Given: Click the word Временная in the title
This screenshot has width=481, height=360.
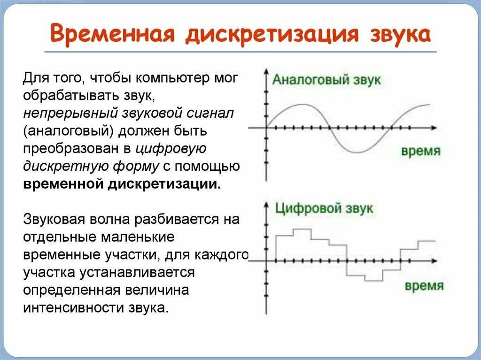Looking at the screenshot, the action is click(x=112, y=35).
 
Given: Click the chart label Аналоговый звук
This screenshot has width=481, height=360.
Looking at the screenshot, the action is click(x=326, y=80).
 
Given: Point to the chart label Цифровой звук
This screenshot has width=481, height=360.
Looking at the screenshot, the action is click(x=324, y=208).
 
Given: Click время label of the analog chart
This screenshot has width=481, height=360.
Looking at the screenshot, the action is click(x=421, y=151).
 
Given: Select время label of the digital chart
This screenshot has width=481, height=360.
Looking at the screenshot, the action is click(x=424, y=285).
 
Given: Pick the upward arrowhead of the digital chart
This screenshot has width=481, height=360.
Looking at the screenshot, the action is click(x=266, y=206).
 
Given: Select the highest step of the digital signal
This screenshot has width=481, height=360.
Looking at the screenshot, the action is click(x=302, y=230).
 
